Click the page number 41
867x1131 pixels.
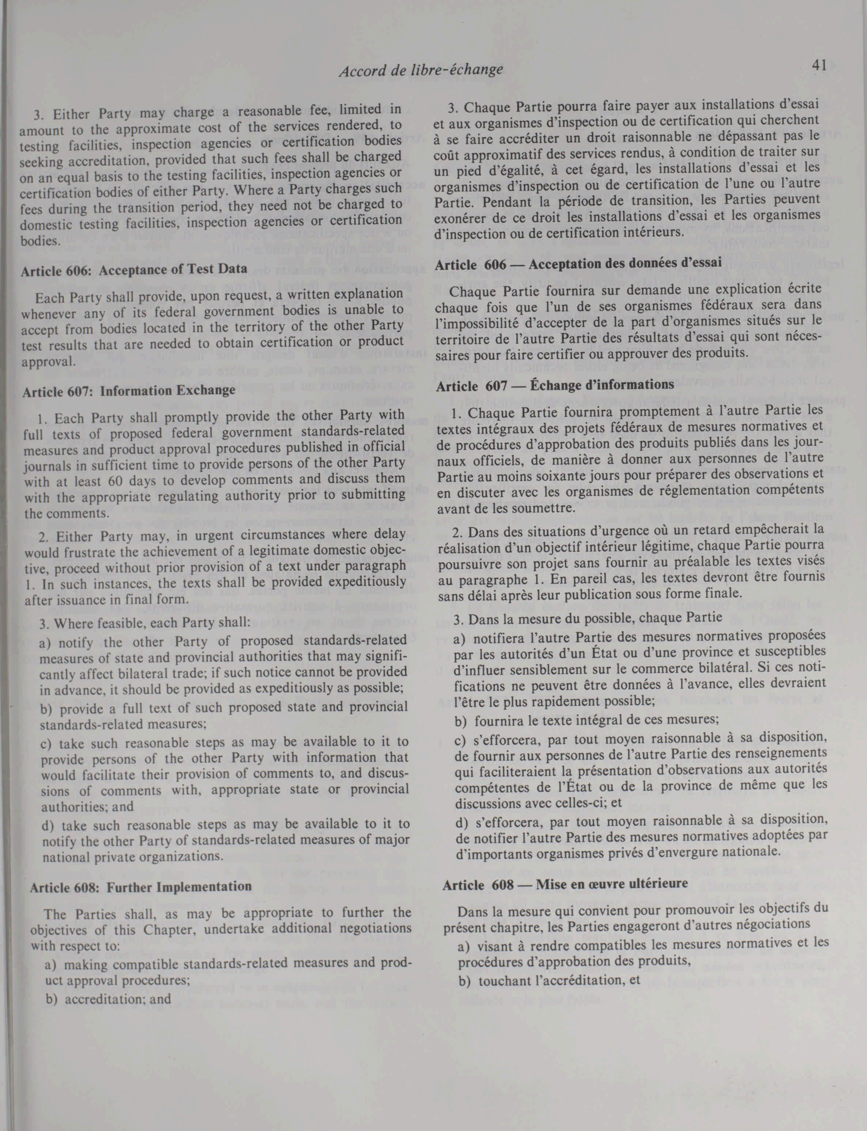click(819, 65)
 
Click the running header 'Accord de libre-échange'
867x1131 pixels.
click(421, 70)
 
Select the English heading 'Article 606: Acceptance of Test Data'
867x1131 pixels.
click(134, 269)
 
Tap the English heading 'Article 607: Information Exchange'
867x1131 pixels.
click(129, 391)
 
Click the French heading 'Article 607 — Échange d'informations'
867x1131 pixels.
click(555, 385)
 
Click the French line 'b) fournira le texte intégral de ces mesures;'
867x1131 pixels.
click(586, 719)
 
